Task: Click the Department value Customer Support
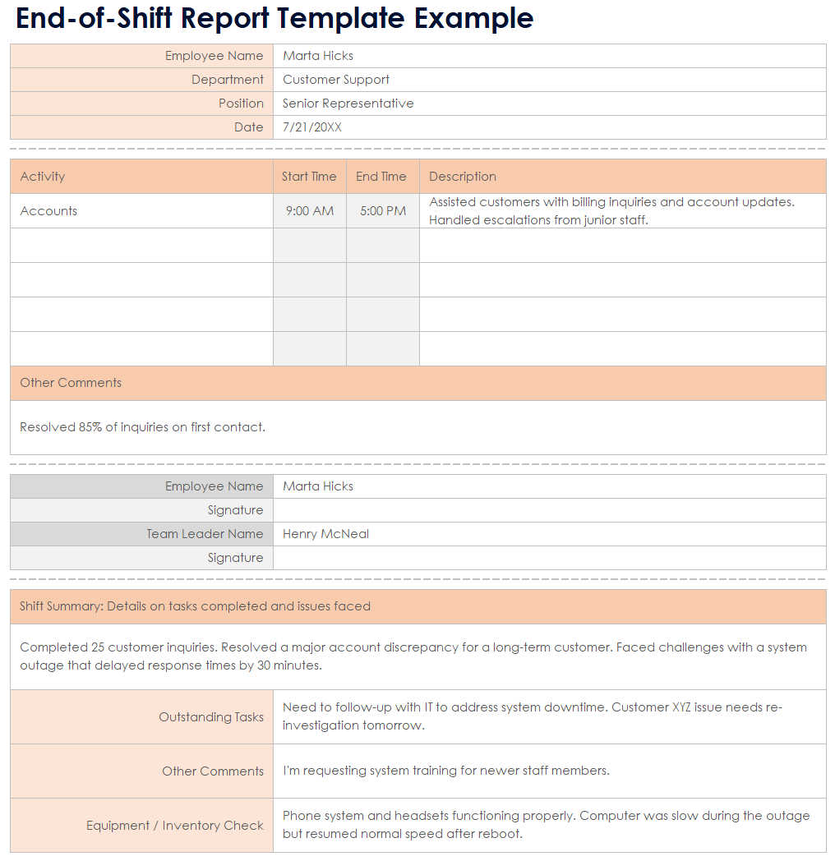(x=335, y=80)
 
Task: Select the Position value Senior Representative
(x=348, y=104)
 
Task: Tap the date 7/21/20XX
(x=311, y=127)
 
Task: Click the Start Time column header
(x=309, y=177)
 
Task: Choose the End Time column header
(x=381, y=177)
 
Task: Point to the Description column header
(x=463, y=177)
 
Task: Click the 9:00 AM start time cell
(x=310, y=211)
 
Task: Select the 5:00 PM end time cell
(x=383, y=211)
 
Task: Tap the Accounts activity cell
(x=48, y=211)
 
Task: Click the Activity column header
(x=43, y=177)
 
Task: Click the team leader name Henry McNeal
(x=325, y=534)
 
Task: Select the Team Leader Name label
(x=205, y=534)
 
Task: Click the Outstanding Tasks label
(x=211, y=717)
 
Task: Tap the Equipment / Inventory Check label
(x=175, y=826)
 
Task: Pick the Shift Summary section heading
(x=195, y=606)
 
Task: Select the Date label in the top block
(x=248, y=127)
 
